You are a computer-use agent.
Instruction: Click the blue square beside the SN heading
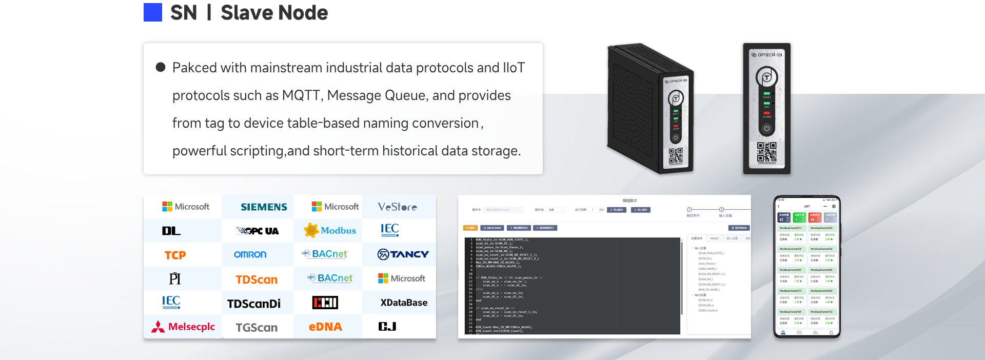(x=153, y=12)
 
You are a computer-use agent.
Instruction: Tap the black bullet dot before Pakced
(x=161, y=67)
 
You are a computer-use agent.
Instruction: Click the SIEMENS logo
(x=264, y=207)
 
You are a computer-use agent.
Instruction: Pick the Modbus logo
(x=331, y=230)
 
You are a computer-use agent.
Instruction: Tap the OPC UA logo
(x=258, y=231)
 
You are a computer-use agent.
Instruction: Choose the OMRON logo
(x=250, y=254)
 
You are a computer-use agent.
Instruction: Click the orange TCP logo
(x=175, y=255)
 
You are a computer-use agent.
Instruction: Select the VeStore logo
(x=397, y=207)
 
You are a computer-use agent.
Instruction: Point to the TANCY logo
(x=403, y=254)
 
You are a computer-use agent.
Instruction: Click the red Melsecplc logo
(x=183, y=327)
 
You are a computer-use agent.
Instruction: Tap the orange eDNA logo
(x=325, y=327)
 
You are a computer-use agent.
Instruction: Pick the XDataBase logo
(x=404, y=303)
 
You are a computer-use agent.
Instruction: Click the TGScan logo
(x=257, y=327)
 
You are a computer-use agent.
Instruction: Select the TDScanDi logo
(x=254, y=304)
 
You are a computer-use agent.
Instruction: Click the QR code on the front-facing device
(x=766, y=152)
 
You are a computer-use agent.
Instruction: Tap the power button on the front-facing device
(x=766, y=128)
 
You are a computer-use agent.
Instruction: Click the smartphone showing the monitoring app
(x=806, y=267)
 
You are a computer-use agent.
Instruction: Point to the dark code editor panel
(x=572, y=285)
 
